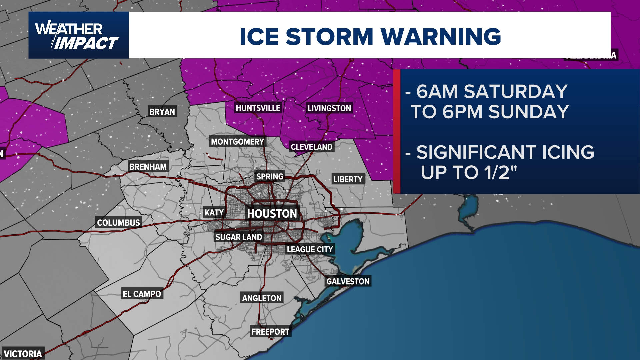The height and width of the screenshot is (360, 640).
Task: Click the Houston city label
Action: pyautogui.click(x=272, y=213)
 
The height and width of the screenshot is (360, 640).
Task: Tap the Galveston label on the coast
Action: pyautogui.click(x=348, y=281)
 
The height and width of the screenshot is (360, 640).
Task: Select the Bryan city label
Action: pyautogui.click(x=162, y=112)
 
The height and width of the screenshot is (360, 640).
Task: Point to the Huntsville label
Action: pyautogui.click(x=258, y=108)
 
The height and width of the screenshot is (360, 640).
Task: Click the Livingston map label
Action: pyautogui.click(x=329, y=108)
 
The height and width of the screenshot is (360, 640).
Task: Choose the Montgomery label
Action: pyautogui.click(x=237, y=142)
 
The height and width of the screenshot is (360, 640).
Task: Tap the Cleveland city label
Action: pyautogui.click(x=311, y=147)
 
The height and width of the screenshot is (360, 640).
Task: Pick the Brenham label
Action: pyautogui.click(x=148, y=167)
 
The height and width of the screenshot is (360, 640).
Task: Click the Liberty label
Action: pyautogui.click(x=348, y=179)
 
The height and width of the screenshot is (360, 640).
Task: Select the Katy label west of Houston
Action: pyautogui.click(x=214, y=212)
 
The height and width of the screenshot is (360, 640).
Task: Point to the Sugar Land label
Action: pyautogui.click(x=239, y=237)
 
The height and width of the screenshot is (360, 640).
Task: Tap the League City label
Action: pyautogui.click(x=310, y=249)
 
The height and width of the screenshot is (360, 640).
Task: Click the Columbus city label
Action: pyautogui.click(x=118, y=222)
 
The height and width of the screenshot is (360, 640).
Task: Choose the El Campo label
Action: pyautogui.click(x=142, y=294)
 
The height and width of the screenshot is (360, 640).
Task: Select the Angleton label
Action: pyautogui.click(x=262, y=298)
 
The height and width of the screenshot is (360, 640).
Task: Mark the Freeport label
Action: pyautogui.click(x=270, y=332)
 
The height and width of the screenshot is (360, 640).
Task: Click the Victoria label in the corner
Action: pyautogui.click(x=23, y=354)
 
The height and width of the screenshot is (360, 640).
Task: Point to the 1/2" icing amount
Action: pyautogui.click(x=500, y=172)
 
